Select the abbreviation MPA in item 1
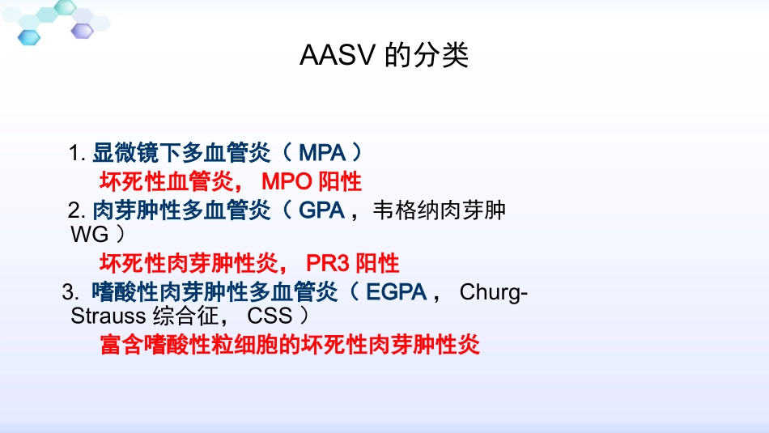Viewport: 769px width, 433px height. click(323, 152)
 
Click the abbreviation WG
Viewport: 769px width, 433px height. click(88, 235)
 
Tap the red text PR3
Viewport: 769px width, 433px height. click(328, 263)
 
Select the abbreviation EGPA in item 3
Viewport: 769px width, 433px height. click(396, 291)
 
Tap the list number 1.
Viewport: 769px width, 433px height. click(76, 153)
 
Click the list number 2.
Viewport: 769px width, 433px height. click(76, 211)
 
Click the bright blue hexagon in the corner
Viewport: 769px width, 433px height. click(29, 36)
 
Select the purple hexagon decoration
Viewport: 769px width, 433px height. click(82, 30)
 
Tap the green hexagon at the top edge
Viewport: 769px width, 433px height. click(64, 6)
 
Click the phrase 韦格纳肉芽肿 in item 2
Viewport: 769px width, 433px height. click(439, 211)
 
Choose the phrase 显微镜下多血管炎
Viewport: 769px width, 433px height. click(181, 152)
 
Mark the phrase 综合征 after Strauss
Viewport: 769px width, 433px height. click(185, 316)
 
